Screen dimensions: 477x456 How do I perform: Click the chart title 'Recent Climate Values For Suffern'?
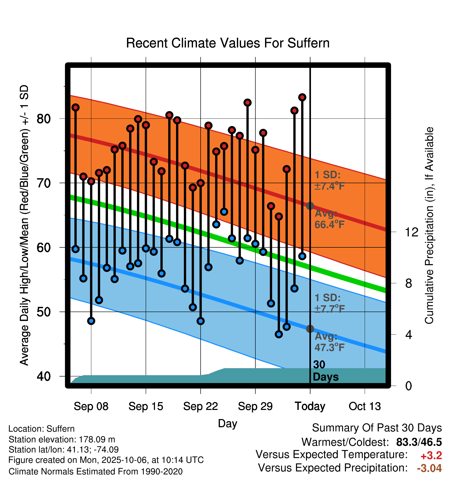[x=228, y=43]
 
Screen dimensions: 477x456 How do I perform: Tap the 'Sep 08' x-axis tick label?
[x=91, y=406]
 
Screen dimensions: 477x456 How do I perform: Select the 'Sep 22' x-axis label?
[x=200, y=406]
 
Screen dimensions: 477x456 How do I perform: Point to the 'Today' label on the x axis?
[x=310, y=406]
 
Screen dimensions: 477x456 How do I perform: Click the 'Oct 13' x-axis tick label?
[x=365, y=406]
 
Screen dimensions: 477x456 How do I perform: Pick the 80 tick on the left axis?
[x=44, y=119]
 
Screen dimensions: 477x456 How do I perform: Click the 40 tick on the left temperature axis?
[x=44, y=376]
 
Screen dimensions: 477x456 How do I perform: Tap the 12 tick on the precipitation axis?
[x=411, y=232]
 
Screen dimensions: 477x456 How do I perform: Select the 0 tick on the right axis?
[x=409, y=386]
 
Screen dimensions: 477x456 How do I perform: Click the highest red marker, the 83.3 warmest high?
[x=302, y=97]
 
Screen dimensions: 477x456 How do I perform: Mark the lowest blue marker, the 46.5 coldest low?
[x=279, y=334]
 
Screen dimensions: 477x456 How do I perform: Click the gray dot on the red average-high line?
[x=310, y=206]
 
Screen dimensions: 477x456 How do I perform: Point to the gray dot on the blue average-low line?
[x=310, y=329]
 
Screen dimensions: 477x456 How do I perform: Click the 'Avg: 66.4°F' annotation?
[x=329, y=219]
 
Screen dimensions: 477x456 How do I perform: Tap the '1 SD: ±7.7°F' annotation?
[x=329, y=303]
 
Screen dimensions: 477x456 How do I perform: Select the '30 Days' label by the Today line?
[x=325, y=371]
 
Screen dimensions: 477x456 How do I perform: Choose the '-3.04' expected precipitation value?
[x=429, y=468]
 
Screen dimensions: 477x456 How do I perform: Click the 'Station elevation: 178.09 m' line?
[x=62, y=439]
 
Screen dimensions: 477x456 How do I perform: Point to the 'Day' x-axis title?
[x=227, y=423]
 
